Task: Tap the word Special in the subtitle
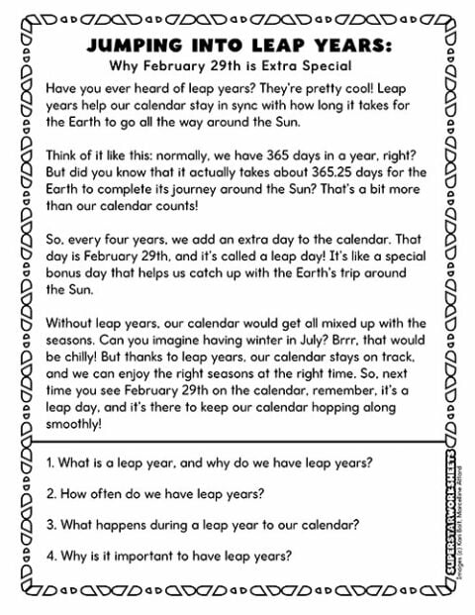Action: point(324,67)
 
